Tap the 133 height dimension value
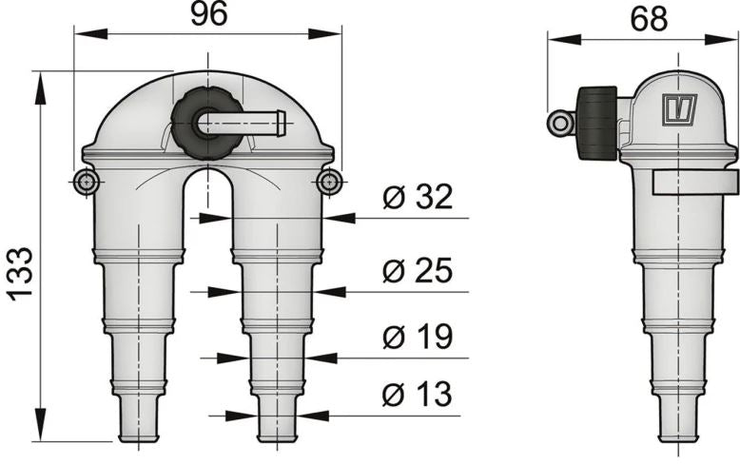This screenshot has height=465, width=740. click(x=18, y=274)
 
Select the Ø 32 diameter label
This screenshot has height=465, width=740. click(x=417, y=198)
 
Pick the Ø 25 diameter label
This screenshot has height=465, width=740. click(x=417, y=271)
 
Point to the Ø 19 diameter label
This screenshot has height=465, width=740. click(x=417, y=338)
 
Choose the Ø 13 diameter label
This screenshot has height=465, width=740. click(x=417, y=394)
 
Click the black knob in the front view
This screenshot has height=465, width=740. click(x=201, y=126)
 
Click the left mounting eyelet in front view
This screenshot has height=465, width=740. click(x=86, y=182)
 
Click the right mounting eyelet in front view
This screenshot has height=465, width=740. click(x=329, y=183)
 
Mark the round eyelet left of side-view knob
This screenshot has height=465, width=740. click(x=559, y=122)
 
